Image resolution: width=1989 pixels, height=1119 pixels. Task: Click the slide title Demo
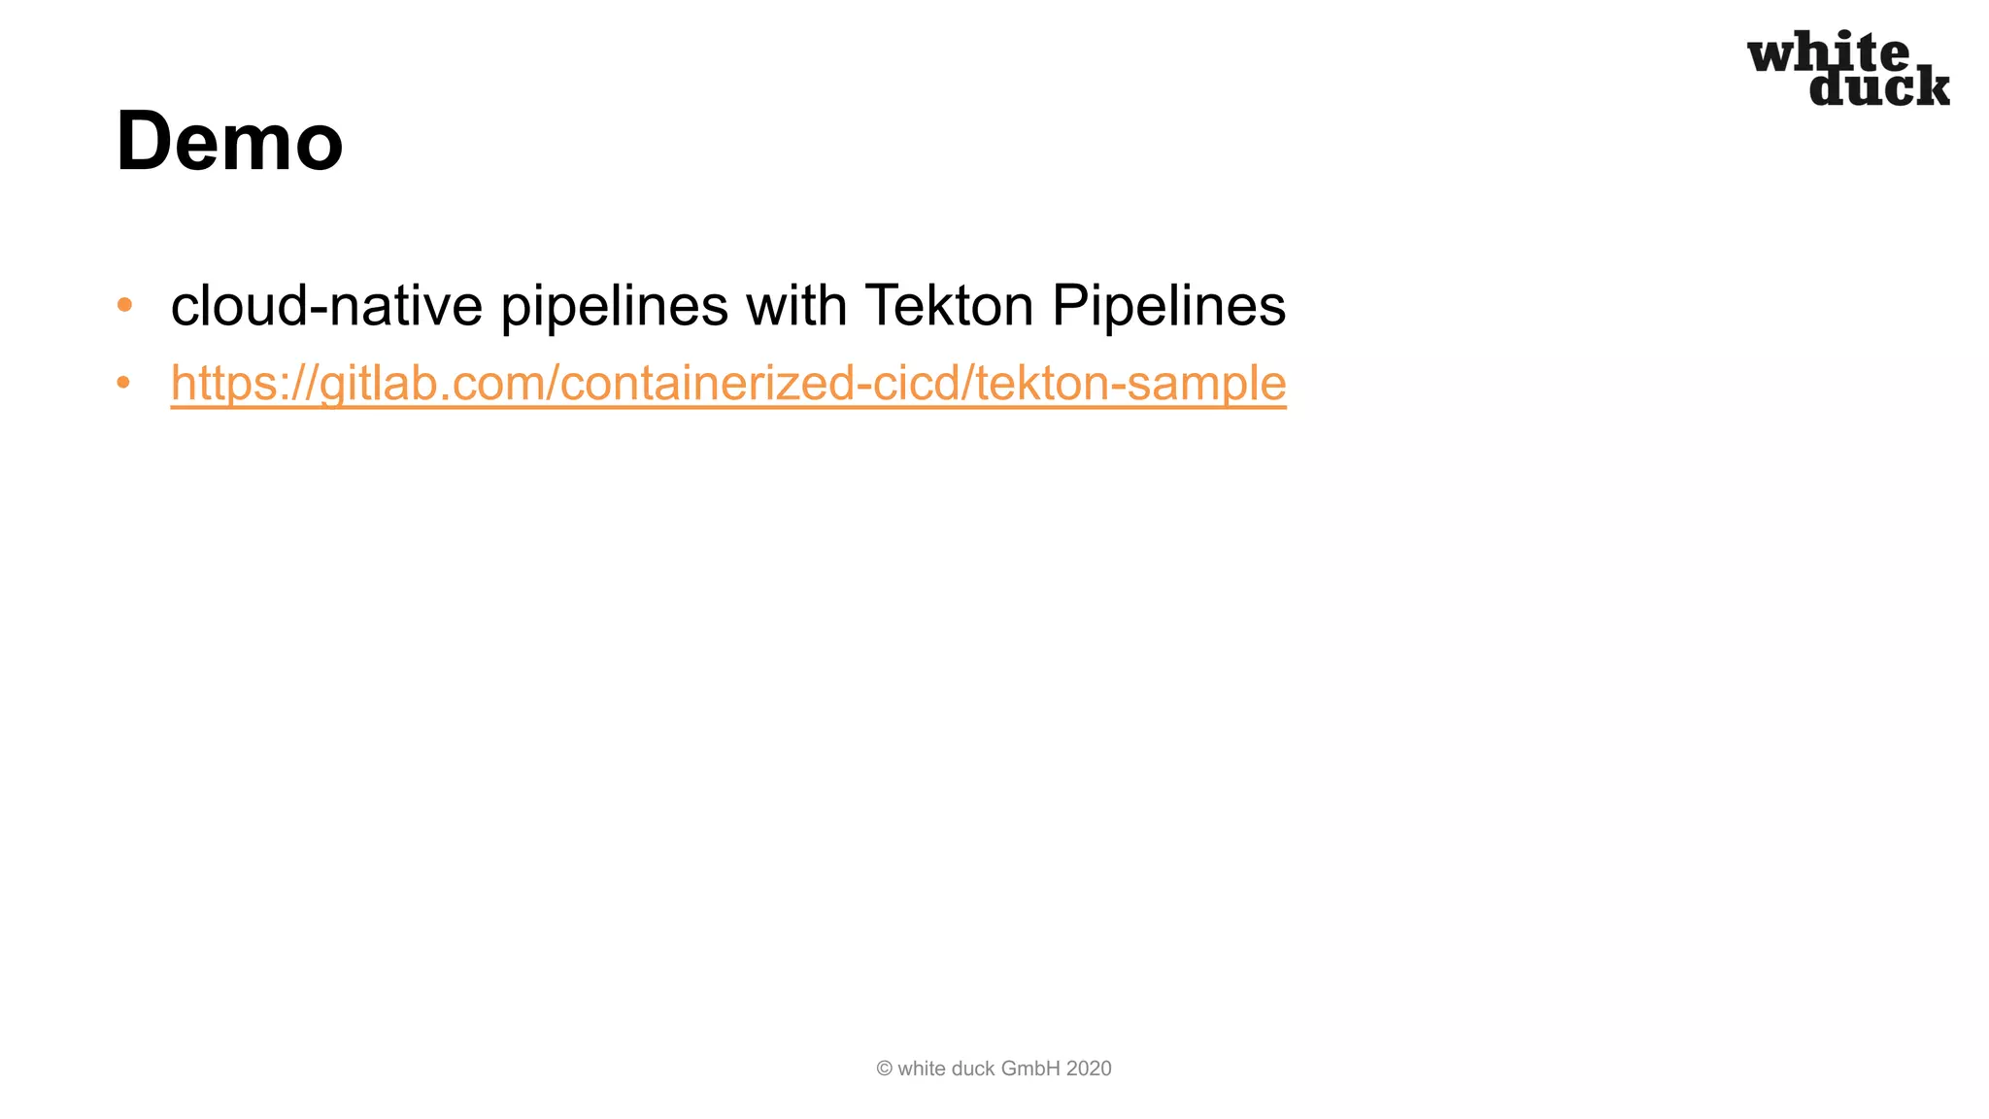point(229,142)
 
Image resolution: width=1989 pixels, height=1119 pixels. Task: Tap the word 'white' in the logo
point(1828,53)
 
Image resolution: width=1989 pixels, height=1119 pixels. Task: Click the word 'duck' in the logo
point(1879,87)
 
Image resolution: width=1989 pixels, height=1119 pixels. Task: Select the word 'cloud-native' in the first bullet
point(326,305)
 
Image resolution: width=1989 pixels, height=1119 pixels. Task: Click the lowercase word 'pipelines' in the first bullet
point(614,307)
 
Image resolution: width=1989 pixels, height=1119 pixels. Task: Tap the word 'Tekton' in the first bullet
point(949,305)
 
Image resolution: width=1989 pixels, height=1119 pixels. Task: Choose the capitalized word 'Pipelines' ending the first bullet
point(1168,307)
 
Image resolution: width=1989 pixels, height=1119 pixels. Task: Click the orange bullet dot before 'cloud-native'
point(123,305)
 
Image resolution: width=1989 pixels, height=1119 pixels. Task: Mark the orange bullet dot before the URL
point(123,383)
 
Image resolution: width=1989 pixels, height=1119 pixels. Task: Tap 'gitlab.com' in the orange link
point(432,383)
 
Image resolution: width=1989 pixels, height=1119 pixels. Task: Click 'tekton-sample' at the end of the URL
point(1130,383)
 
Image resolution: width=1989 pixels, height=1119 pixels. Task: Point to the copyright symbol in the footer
point(884,1068)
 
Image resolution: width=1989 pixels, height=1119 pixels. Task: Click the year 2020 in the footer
point(1088,1068)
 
